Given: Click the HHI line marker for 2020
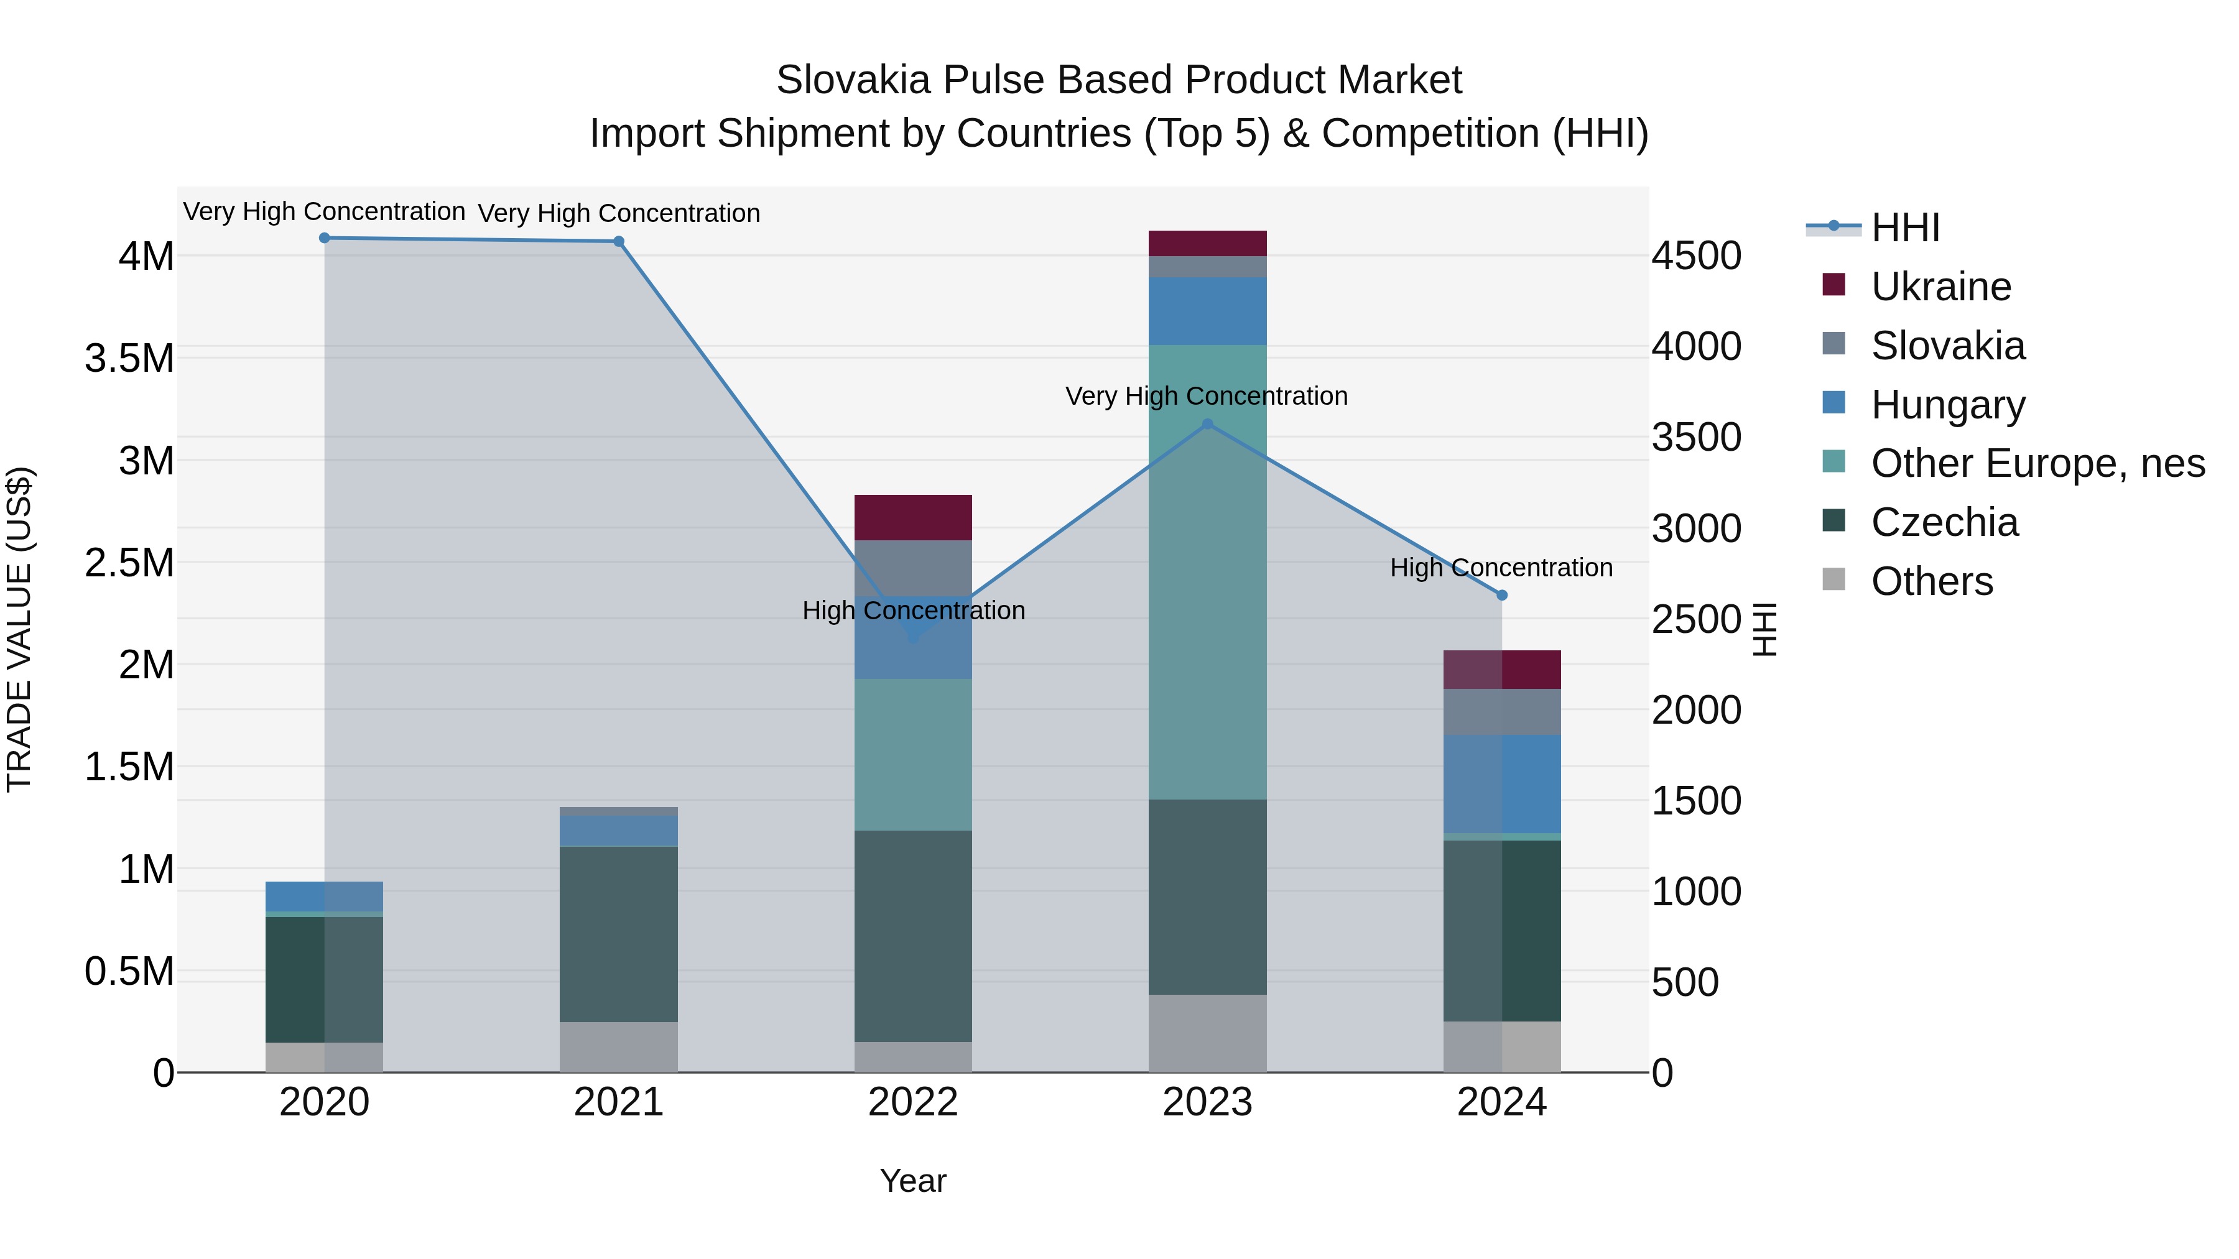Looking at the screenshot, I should coord(324,238).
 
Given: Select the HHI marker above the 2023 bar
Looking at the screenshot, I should coord(1207,424).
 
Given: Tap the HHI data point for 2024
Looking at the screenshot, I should coord(1502,595).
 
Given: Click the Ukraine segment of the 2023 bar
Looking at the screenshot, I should coord(1207,243).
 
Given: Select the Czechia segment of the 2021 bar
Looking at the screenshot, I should coord(618,934).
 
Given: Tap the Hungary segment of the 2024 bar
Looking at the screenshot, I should coord(1502,784).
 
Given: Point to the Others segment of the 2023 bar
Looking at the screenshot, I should coord(1207,1033).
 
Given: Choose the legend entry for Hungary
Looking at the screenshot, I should coord(1947,405).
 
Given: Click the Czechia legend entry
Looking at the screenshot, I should coord(1944,523).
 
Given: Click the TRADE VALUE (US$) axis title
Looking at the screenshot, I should coord(19,629).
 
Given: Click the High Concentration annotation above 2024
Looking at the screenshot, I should coord(1501,568).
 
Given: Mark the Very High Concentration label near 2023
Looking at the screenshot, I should coord(1207,396).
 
